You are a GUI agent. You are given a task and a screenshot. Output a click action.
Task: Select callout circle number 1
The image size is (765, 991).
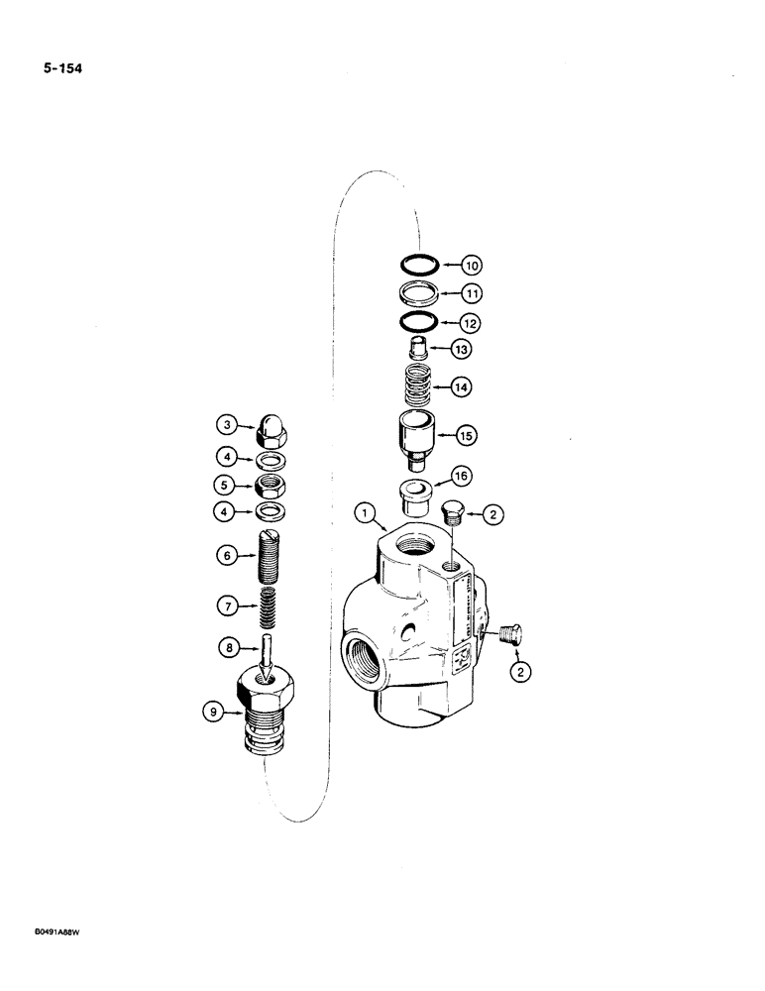366,513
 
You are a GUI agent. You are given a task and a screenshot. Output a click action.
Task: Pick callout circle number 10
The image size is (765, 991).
472,266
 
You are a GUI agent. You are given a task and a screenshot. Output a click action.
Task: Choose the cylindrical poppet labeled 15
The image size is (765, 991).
417,438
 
